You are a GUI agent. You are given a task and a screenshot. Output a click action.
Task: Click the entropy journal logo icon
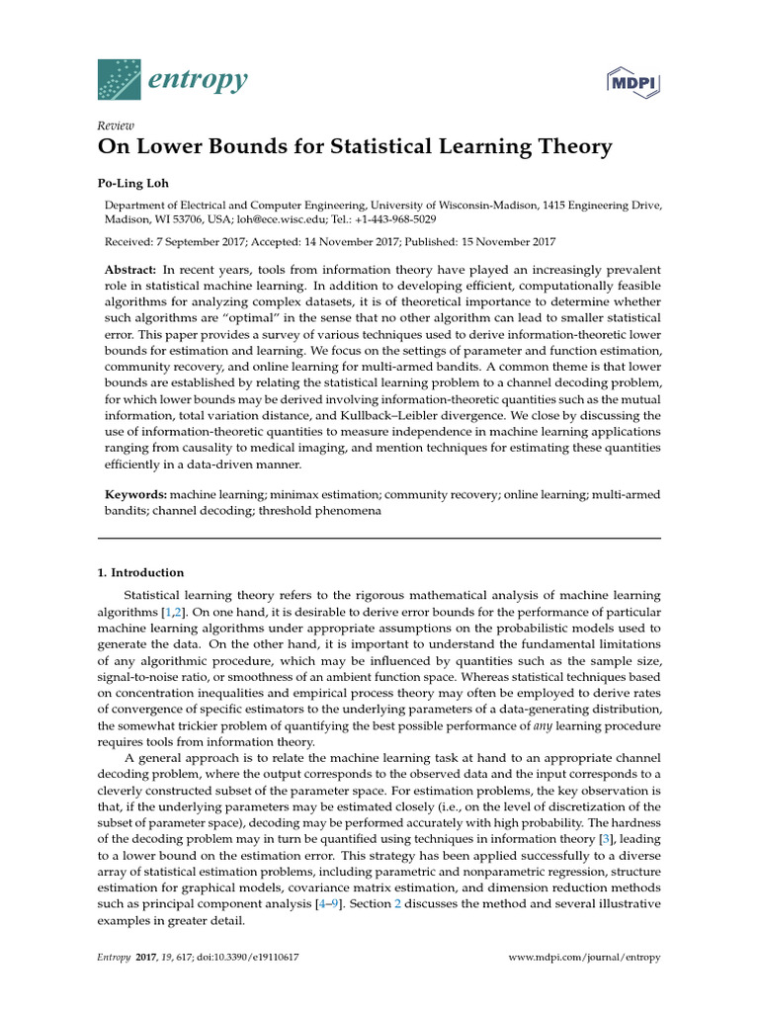click(121, 77)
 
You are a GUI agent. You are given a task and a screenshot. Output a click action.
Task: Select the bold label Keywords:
click(136, 493)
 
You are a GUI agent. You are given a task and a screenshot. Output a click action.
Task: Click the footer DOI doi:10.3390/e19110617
click(262, 958)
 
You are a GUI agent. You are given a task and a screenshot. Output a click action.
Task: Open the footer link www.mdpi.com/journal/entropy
click(583, 958)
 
